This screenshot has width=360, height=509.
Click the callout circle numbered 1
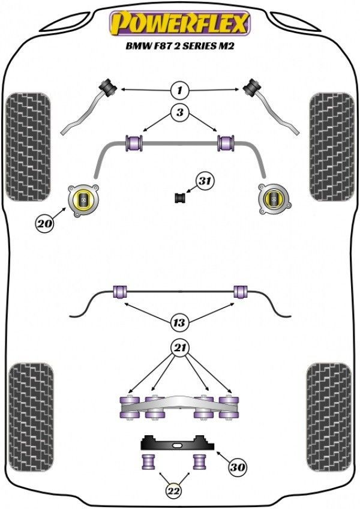(x=179, y=91)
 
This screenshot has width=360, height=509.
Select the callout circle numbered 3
(x=179, y=112)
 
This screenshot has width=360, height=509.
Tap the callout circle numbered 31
(x=206, y=181)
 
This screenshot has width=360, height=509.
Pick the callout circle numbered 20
(x=44, y=225)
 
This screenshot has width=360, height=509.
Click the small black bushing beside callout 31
(x=179, y=197)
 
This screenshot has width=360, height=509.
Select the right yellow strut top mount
(x=274, y=197)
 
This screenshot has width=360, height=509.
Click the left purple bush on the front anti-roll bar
(x=134, y=143)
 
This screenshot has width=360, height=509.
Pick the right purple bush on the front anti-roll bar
(x=226, y=143)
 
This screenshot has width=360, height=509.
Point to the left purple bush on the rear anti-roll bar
(x=120, y=292)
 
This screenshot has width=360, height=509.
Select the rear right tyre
(x=330, y=417)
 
